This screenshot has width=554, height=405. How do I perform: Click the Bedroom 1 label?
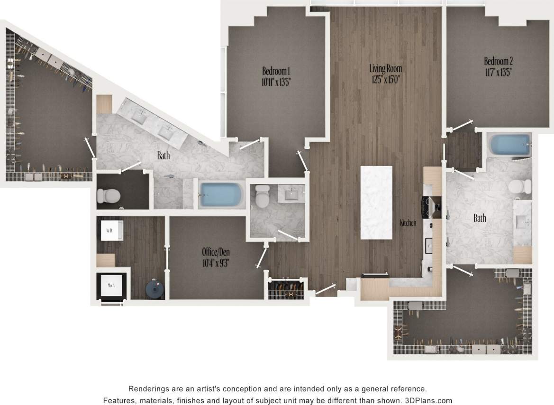pos(276,71)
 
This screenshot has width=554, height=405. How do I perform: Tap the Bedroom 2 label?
pos(498,61)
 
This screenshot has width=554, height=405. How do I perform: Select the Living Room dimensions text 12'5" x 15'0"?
pos(385,79)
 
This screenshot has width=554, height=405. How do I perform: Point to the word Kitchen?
pos(408,222)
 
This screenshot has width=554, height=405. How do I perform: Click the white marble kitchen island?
pos(376,202)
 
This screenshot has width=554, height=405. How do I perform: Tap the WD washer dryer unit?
pos(110,231)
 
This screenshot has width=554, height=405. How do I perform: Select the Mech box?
pos(111,285)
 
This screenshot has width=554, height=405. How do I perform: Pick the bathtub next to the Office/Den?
pos(221,194)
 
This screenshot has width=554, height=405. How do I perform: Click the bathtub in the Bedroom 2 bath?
pos(509,145)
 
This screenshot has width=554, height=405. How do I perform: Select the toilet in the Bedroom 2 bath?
pos(519,186)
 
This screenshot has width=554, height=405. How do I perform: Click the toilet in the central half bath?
pos(262,194)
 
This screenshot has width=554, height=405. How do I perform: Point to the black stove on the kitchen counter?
pos(431,208)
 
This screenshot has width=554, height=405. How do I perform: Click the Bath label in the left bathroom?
pos(163,155)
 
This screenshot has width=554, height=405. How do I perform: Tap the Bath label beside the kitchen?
pos(480,218)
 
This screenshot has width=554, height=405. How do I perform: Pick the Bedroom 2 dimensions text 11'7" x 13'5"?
pos(498,73)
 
